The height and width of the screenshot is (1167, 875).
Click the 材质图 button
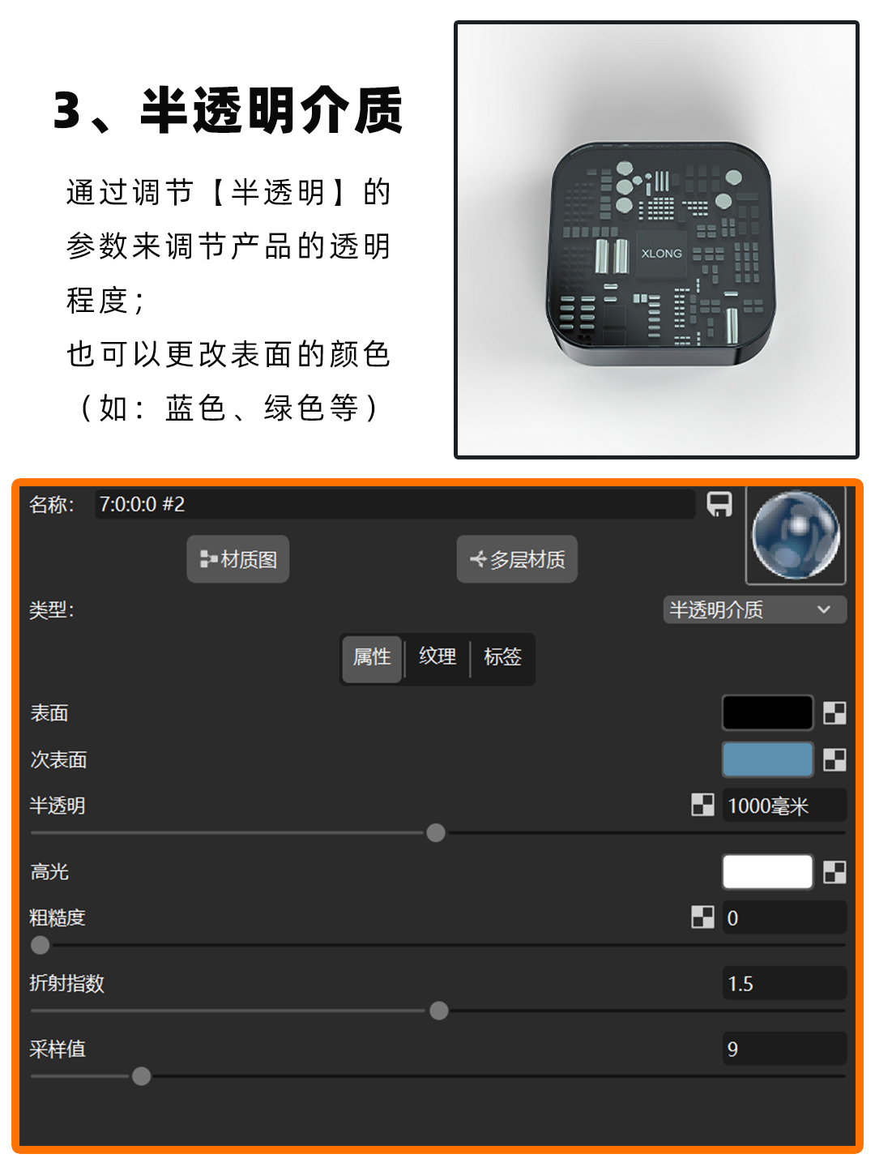pos(238,559)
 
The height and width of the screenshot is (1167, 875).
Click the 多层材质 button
pos(517,559)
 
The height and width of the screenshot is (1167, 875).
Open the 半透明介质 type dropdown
pos(754,609)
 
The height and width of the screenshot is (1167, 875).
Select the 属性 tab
pos(372,657)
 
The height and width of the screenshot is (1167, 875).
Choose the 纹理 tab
pos(437,657)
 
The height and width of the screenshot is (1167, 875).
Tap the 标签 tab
pos(502,657)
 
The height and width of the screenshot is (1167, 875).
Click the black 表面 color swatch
pos(767,713)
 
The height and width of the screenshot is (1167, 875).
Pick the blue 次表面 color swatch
pos(767,760)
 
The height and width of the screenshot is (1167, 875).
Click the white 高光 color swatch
pos(767,872)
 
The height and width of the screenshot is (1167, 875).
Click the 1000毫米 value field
pos(783,806)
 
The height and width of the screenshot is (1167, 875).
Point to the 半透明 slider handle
pos(436,833)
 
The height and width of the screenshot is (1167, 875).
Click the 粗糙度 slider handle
pos(40,945)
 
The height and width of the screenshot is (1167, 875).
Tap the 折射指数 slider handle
pos(439,1011)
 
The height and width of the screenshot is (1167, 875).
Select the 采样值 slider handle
pos(142,1076)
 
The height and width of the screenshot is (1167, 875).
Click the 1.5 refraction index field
pos(783,984)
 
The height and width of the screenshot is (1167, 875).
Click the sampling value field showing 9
pos(783,1049)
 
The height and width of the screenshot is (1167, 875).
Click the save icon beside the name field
pos(719,504)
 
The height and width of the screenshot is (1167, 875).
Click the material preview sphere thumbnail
pos(796,535)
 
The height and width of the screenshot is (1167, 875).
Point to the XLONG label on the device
pos(661,254)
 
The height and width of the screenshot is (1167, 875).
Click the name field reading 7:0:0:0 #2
pos(395,504)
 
